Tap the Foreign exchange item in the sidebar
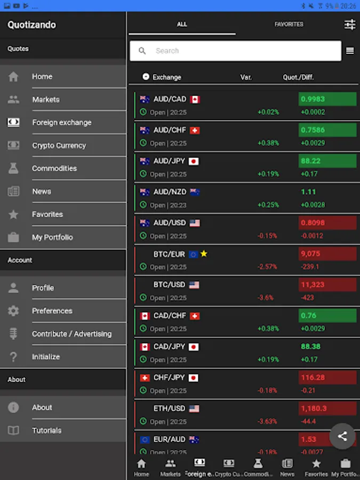(x=61, y=123)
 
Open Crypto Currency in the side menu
(x=59, y=146)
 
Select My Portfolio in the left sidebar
(x=52, y=237)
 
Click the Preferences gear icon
(x=13, y=311)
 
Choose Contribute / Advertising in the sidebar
(x=71, y=334)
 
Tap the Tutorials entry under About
(x=46, y=430)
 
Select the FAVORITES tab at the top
(x=289, y=25)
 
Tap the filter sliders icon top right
(x=350, y=25)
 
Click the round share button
(x=342, y=436)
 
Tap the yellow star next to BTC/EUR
(x=204, y=254)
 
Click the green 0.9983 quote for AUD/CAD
(x=327, y=99)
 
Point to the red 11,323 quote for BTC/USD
(x=327, y=285)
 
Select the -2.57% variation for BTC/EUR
(x=268, y=267)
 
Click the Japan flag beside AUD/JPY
(x=194, y=161)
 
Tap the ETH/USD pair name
(x=169, y=409)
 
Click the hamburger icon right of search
(x=350, y=51)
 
